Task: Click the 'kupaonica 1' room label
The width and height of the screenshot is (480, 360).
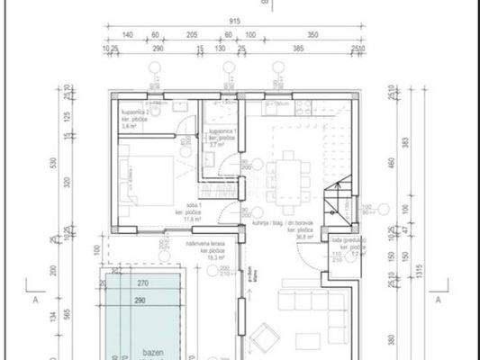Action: point(222,135)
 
